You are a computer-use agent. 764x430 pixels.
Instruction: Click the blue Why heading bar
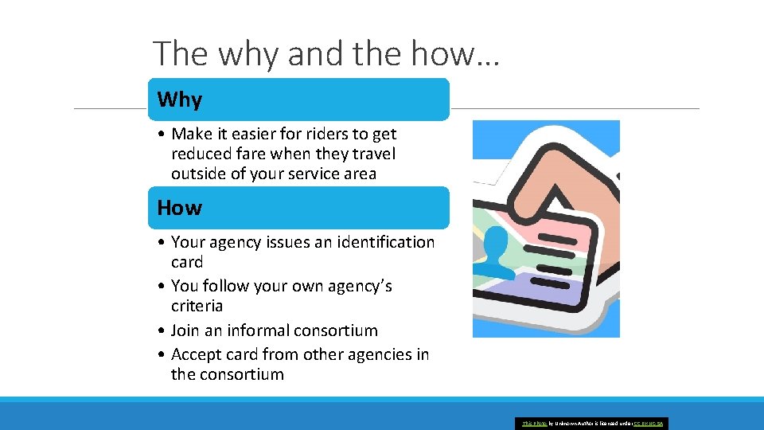(x=298, y=100)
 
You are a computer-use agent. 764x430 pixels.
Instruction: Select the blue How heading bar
(x=298, y=208)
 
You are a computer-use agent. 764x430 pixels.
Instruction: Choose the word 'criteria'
(x=197, y=306)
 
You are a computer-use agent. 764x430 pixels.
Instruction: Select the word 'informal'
(x=261, y=330)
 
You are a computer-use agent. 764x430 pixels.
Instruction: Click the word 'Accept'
(x=198, y=354)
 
